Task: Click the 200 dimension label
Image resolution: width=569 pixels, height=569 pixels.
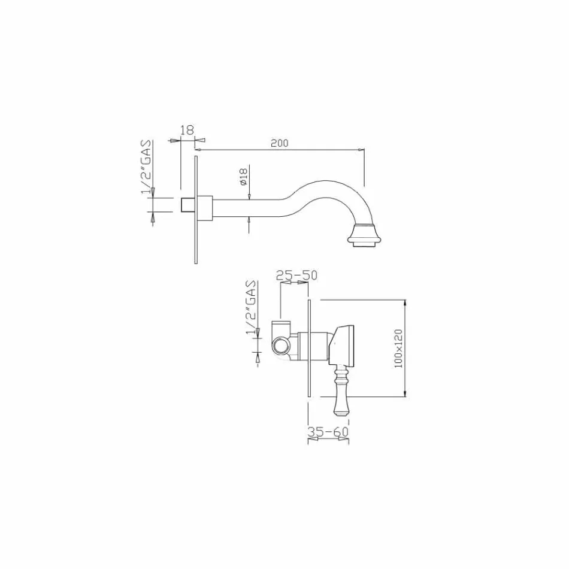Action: pyautogui.click(x=279, y=143)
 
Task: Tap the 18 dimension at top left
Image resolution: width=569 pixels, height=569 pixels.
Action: pyautogui.click(x=187, y=129)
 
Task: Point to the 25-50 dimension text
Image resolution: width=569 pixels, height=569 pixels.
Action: pyautogui.click(x=296, y=276)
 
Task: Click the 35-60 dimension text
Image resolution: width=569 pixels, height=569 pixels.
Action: pyautogui.click(x=328, y=431)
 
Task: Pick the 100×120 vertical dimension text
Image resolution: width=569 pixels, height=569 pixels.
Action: pyautogui.click(x=399, y=348)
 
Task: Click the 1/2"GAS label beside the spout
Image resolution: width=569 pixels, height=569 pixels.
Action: pyautogui.click(x=146, y=167)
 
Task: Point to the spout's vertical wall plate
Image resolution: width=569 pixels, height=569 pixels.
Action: pyautogui.click(x=196, y=210)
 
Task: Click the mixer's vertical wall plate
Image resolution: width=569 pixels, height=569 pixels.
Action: pyautogui.click(x=308, y=347)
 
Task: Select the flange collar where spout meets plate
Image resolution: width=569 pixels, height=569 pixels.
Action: pyautogui.click(x=206, y=207)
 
